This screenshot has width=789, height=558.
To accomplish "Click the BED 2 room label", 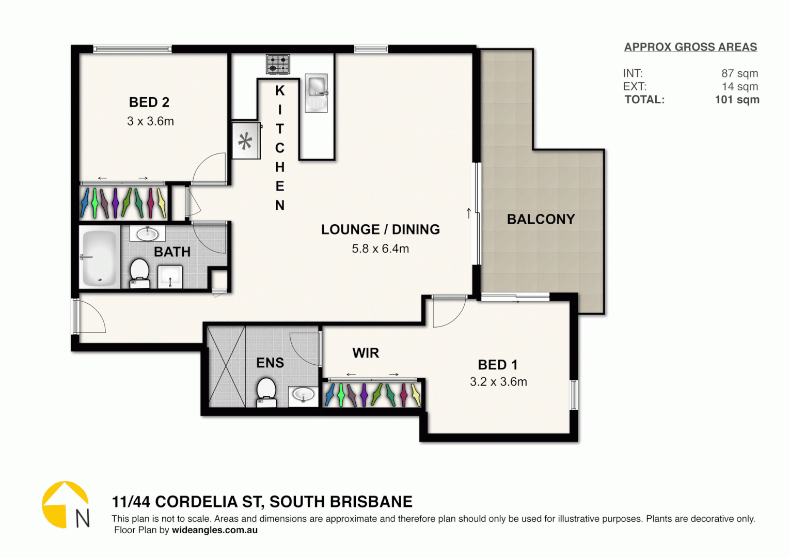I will (149, 102).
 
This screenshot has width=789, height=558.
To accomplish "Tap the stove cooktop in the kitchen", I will (278, 65).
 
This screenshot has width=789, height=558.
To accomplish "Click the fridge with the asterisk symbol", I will (246, 141).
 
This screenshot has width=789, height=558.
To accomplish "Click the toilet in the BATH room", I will (139, 272).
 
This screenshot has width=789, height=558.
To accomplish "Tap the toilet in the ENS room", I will (266, 391).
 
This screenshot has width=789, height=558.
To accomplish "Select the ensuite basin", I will (304, 396).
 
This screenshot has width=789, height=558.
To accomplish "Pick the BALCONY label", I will (541, 220).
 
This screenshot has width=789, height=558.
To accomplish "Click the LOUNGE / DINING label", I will (381, 229).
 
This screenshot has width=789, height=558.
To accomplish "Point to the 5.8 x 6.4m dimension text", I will (381, 249).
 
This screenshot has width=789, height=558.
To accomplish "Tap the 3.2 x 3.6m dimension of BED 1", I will (498, 382).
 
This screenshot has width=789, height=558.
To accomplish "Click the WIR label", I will (366, 353).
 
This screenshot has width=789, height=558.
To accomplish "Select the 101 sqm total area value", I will (737, 100).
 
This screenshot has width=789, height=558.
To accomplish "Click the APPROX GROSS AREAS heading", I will (690, 47).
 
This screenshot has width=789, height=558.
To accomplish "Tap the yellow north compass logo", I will (65, 504).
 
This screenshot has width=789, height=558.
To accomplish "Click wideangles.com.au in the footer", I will (215, 530).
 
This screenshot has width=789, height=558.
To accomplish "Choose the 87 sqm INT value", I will (739, 73).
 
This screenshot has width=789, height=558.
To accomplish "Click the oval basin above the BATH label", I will (147, 234).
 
